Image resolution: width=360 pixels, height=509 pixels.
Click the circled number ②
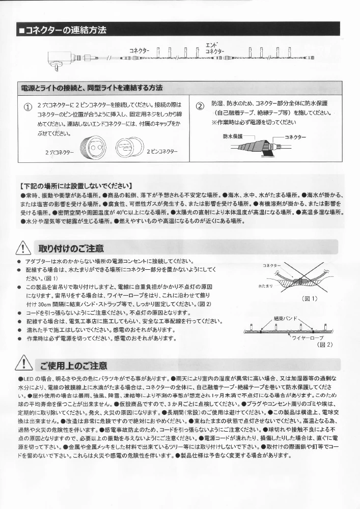tap(200, 106)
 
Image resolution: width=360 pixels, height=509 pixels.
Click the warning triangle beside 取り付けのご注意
tap(24, 248)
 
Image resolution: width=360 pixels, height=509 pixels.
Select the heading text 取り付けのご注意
tap(71, 248)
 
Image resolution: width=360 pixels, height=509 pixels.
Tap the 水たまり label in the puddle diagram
tap(266, 287)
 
